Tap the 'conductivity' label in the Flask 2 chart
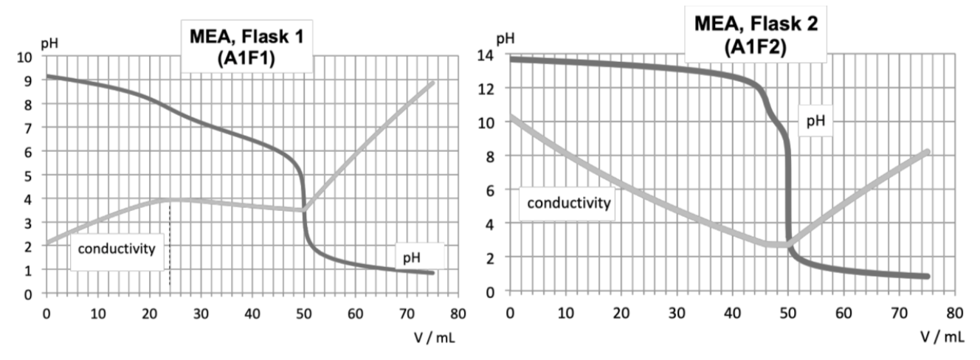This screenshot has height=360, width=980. [x=568, y=202]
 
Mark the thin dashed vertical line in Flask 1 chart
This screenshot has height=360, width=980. [x=170, y=243]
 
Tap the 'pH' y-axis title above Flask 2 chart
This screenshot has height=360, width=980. [x=504, y=38]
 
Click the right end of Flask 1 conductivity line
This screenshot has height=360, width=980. [x=432, y=83]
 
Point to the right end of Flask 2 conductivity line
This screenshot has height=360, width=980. [x=925, y=151]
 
